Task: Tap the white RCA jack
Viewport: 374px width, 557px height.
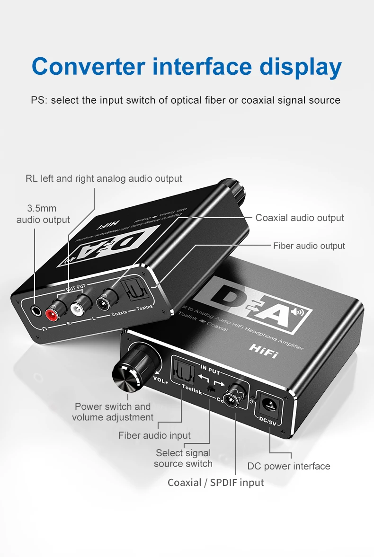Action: point(77,308)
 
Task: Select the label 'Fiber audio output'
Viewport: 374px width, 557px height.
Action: point(309,246)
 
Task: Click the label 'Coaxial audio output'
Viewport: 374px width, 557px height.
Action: point(300,218)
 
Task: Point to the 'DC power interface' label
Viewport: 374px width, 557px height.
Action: point(289,466)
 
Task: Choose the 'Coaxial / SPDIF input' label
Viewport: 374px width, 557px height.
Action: point(216,483)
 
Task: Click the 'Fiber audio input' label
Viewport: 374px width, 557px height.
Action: point(154,435)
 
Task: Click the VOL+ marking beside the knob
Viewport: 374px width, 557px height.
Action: point(160,378)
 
